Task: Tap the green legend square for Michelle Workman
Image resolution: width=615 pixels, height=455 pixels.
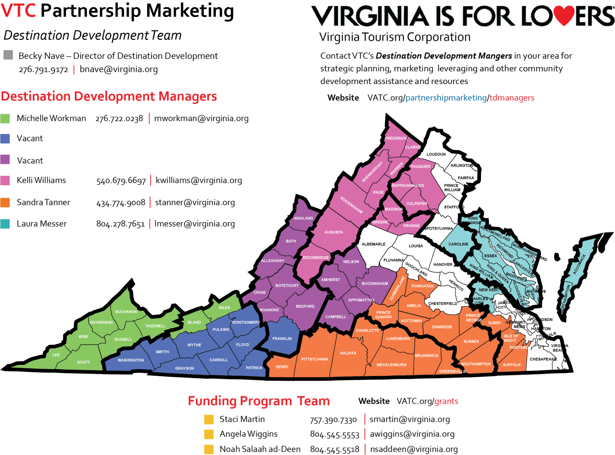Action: [5, 118]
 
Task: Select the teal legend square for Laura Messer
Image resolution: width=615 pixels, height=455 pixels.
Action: [5, 224]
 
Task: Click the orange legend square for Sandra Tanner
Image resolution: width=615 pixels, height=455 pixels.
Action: [5, 203]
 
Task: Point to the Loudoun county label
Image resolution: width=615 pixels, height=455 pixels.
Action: [436, 154]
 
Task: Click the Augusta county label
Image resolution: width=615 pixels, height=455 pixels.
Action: [333, 232]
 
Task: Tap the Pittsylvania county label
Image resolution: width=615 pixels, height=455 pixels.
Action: [314, 359]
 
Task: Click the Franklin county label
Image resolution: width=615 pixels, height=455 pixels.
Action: [282, 339]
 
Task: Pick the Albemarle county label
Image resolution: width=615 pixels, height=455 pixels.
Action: [373, 244]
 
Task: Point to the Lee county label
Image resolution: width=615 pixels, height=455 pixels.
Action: [56, 355]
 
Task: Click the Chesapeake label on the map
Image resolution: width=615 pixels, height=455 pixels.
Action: [543, 359]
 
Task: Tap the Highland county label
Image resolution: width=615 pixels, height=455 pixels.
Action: [303, 218]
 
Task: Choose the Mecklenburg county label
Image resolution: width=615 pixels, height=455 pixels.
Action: [391, 365]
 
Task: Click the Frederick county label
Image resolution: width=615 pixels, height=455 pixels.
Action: [396, 138]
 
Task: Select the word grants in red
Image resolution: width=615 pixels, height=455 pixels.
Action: [446, 401]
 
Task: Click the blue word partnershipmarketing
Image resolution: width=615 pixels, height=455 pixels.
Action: [446, 98]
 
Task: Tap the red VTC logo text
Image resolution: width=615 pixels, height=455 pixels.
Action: [18, 10]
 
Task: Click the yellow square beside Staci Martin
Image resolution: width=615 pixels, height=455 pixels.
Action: [209, 419]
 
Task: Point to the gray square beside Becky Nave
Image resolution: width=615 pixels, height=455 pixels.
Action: [8, 55]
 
